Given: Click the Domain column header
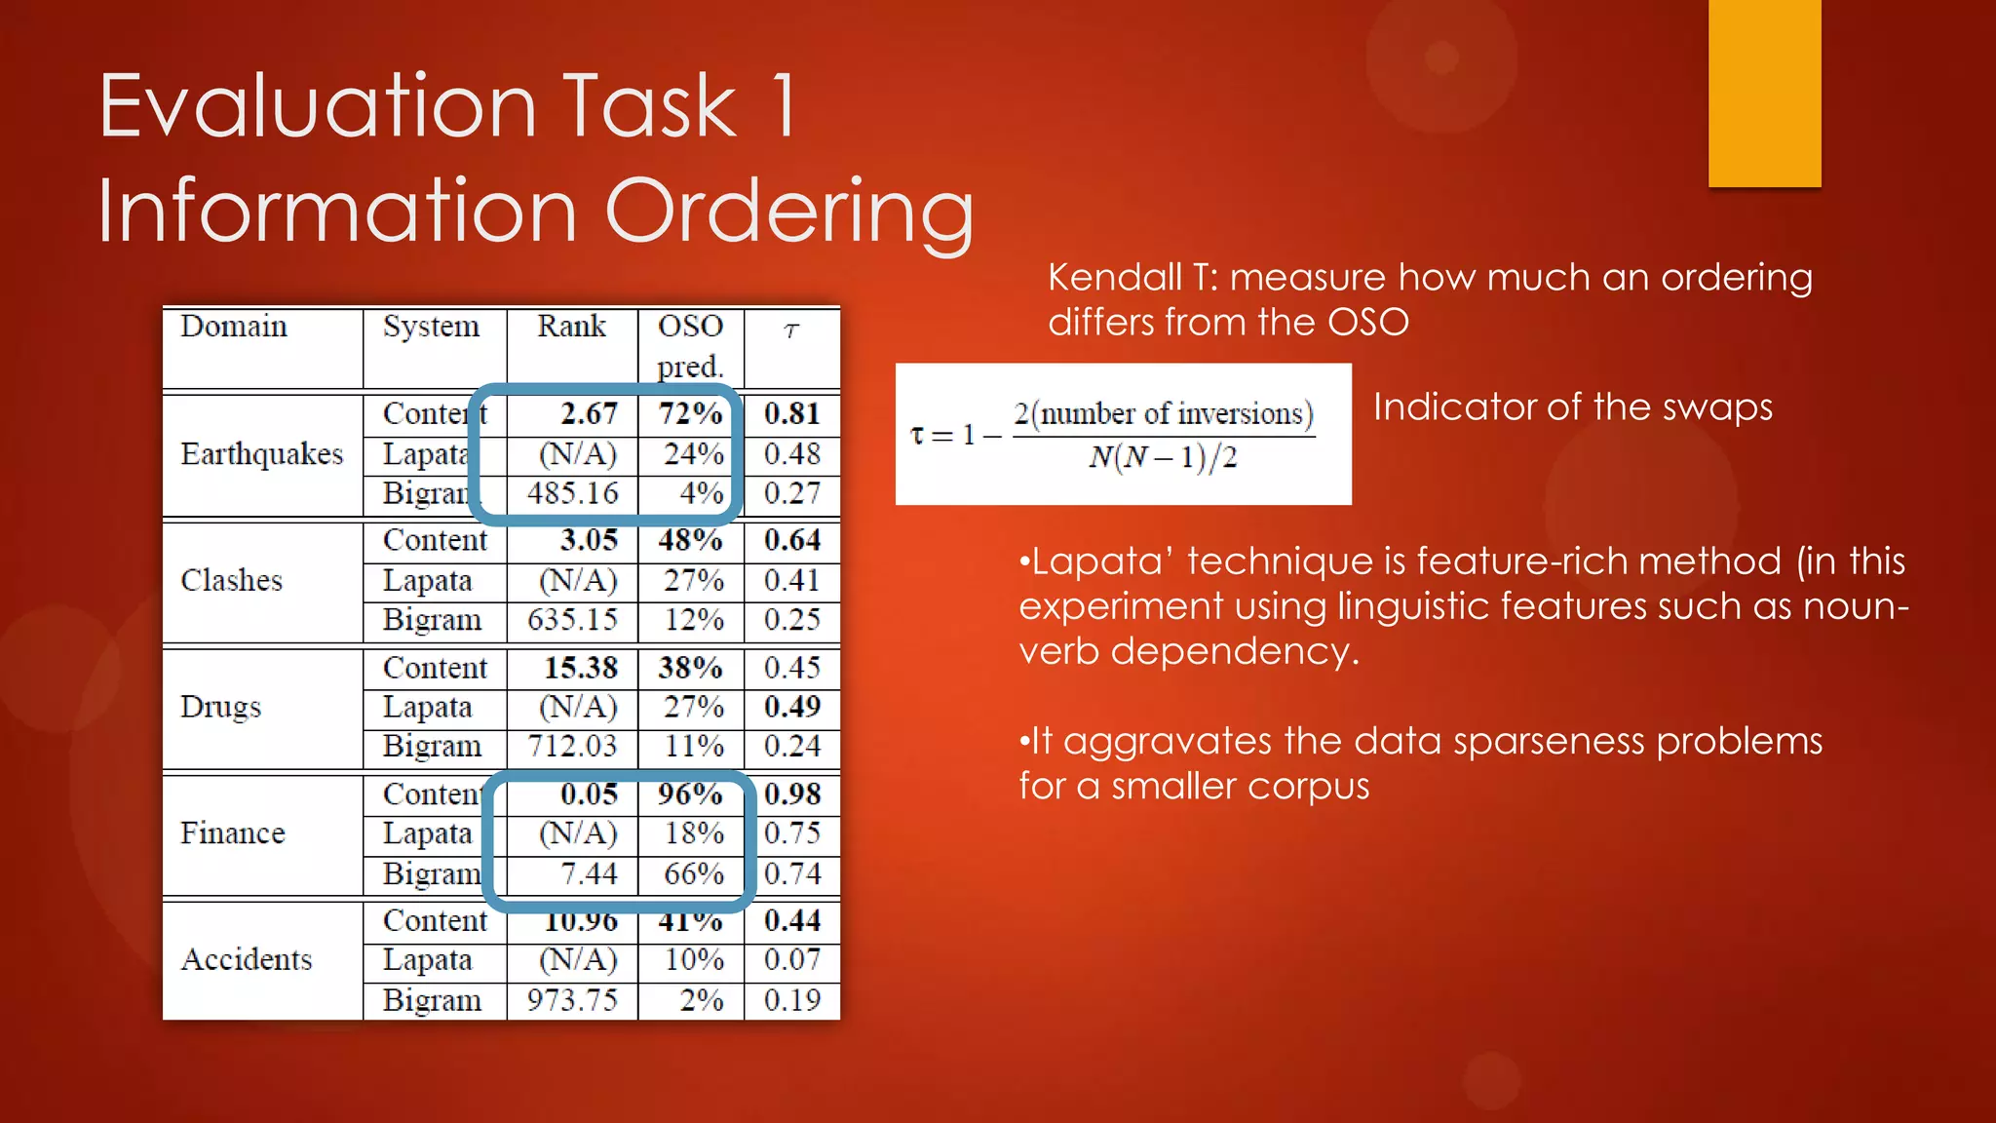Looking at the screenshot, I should (x=234, y=327).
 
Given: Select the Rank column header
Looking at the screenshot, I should (x=571, y=327).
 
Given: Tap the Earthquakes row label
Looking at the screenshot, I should (x=261, y=454).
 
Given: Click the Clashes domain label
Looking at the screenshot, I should (x=231, y=581).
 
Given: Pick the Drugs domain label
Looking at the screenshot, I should (x=220, y=707).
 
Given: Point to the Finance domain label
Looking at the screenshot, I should (x=232, y=833).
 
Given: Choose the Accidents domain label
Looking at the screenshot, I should (x=247, y=960).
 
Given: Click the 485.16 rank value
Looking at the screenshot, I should (x=573, y=493).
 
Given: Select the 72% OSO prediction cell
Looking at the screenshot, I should (x=690, y=413).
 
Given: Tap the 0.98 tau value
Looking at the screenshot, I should (x=792, y=794).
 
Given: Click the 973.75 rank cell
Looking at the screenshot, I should (x=573, y=1000).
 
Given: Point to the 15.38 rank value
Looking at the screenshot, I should (x=581, y=668).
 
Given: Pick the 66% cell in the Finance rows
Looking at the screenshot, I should (x=694, y=873).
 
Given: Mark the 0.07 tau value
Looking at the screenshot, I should (x=792, y=960).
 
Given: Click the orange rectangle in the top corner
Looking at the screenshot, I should (x=1764, y=93).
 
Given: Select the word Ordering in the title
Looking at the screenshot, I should (x=789, y=211).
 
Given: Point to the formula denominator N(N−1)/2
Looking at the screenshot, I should (x=1163, y=457).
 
